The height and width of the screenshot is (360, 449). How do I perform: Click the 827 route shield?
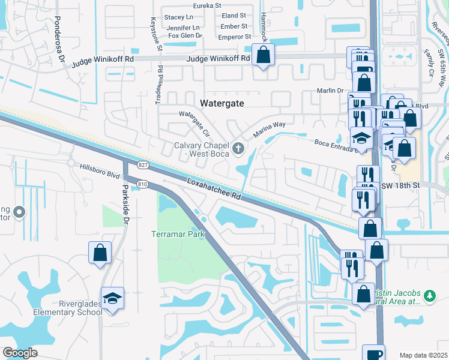click(x=142, y=164)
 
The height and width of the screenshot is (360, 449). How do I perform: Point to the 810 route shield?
click(x=142, y=184)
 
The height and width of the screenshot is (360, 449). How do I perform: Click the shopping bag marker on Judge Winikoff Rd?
click(x=264, y=56)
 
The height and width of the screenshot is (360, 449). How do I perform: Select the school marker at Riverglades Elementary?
click(x=112, y=298)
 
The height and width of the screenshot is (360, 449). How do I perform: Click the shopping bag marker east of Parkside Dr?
click(x=100, y=253)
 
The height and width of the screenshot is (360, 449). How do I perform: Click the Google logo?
click(x=20, y=353)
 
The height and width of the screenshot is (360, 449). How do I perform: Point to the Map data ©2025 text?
click(x=423, y=355)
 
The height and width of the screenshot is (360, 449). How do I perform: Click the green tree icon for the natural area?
click(x=429, y=295)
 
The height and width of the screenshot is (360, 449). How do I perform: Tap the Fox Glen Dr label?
click(x=185, y=36)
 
